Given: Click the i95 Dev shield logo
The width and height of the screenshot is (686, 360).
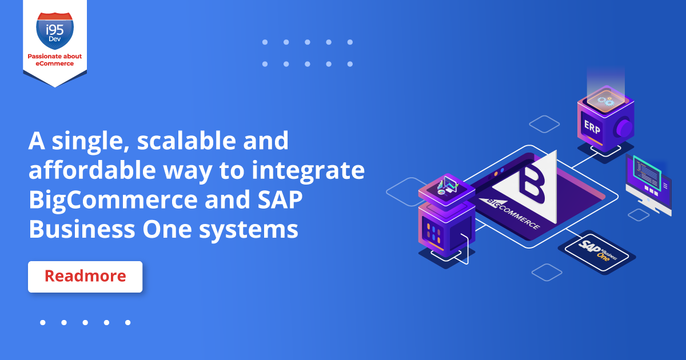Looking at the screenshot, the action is (55, 31).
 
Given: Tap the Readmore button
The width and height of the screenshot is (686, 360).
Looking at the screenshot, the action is (85, 277).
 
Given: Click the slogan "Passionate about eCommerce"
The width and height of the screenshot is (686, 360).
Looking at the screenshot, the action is (55, 59).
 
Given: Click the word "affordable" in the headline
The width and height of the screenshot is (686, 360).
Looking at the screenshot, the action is (92, 170).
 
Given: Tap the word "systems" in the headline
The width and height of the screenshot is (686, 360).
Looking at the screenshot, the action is (248, 230).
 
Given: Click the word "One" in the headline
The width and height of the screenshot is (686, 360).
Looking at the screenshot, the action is (167, 229).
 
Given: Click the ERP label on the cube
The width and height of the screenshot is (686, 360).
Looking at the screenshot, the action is (592, 127).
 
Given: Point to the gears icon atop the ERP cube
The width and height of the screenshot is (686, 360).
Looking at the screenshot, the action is (606, 101).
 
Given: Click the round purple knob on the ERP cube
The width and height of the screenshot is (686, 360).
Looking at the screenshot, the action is (624, 128).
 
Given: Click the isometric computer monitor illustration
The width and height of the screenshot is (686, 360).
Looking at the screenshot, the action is (648, 186).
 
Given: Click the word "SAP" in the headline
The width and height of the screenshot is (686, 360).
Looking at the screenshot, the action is (280, 199).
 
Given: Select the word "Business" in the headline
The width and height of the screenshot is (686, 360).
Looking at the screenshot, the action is (82, 229).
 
